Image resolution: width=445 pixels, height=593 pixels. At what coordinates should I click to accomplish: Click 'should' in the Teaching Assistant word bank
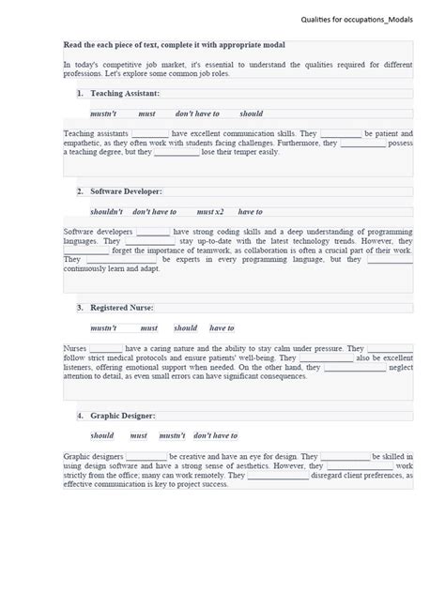(x=251, y=114)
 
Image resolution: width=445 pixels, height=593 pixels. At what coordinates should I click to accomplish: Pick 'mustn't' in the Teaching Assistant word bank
(x=103, y=114)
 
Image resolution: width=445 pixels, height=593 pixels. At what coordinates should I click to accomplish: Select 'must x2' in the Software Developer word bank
(x=210, y=212)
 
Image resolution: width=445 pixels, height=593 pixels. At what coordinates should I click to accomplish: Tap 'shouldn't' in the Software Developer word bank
(x=106, y=212)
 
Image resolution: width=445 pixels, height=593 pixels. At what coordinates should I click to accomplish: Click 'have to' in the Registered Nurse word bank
(x=222, y=328)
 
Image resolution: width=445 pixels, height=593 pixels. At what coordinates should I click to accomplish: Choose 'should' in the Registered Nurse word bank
(x=186, y=328)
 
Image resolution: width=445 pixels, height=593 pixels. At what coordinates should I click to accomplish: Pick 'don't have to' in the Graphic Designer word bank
(x=216, y=435)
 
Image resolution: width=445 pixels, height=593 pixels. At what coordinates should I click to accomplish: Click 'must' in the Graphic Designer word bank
(x=139, y=435)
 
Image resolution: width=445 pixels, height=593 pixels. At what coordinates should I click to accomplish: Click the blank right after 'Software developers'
(x=153, y=232)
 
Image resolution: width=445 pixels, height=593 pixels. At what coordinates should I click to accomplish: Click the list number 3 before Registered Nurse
(x=81, y=308)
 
